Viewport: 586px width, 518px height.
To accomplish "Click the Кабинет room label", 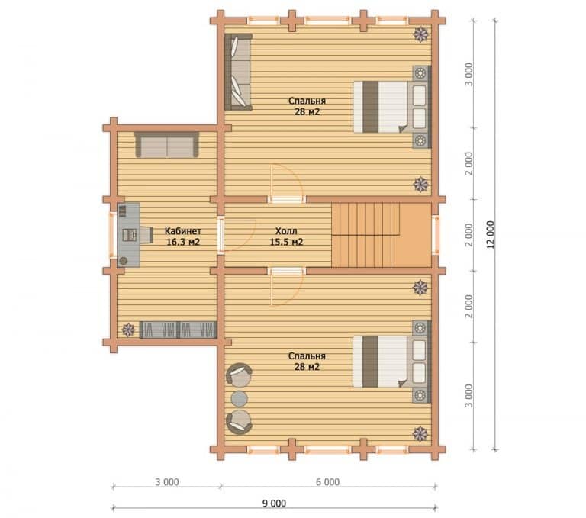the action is (x=183, y=231).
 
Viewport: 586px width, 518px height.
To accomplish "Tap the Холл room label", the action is (x=286, y=230).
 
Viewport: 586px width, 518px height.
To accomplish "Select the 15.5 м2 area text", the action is (x=287, y=242).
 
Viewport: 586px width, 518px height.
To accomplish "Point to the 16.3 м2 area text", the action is (x=183, y=242).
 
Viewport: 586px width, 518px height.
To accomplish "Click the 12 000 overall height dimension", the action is (x=491, y=235).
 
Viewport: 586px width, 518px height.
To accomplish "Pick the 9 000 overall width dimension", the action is (x=274, y=504).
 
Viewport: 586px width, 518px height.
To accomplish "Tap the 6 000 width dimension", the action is (x=328, y=482).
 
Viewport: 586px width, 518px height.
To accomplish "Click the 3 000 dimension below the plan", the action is (x=167, y=482).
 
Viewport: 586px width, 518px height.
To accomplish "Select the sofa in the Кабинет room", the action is (x=166, y=145).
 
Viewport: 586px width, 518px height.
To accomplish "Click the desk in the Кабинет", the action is (x=129, y=235).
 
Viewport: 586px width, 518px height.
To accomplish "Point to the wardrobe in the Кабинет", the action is (x=179, y=330).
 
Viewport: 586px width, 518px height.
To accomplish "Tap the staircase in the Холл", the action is (x=382, y=235).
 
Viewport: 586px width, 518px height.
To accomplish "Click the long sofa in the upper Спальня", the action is (x=238, y=72).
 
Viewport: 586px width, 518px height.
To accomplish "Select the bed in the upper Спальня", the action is (x=392, y=107).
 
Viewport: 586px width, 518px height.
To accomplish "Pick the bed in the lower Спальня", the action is (x=392, y=362).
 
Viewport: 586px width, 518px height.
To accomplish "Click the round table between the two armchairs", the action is (x=240, y=398).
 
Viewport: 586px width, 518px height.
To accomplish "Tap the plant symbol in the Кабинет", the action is (x=128, y=330).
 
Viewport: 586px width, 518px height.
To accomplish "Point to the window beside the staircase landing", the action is (x=436, y=235).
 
